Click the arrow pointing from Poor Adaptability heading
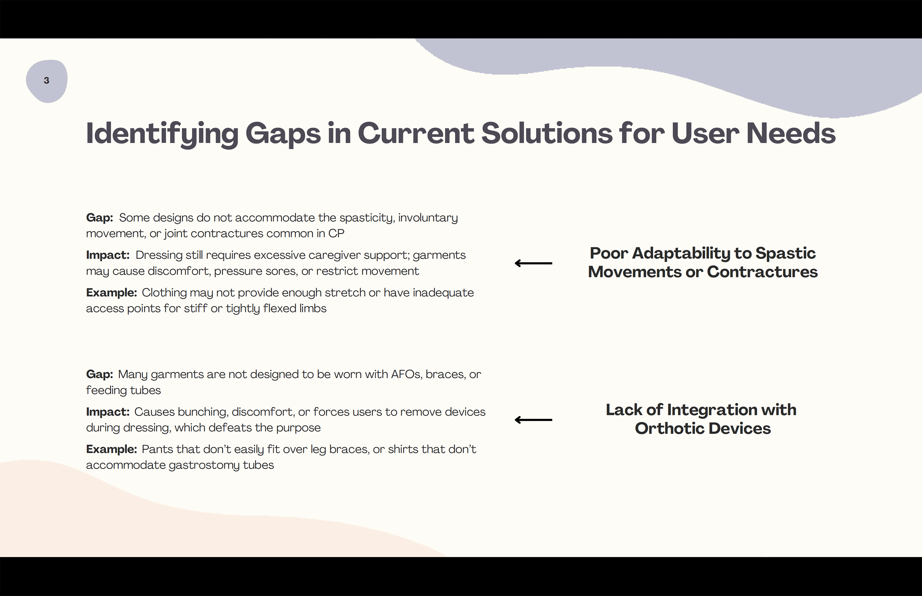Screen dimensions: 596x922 tap(533, 263)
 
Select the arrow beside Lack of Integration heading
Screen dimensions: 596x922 tap(533, 420)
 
